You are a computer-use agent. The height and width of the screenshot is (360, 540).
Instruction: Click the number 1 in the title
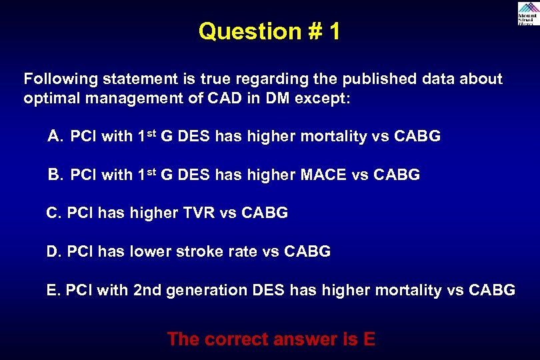click(333, 31)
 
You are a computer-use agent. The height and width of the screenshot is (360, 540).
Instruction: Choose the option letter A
click(55, 137)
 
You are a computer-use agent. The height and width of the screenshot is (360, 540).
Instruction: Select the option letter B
click(55, 175)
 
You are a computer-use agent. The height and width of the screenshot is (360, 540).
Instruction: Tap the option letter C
click(52, 213)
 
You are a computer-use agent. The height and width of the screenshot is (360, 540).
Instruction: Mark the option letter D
click(52, 252)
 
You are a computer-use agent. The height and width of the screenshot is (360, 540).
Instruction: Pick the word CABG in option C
click(265, 213)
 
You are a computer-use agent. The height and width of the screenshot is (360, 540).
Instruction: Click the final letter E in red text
click(369, 339)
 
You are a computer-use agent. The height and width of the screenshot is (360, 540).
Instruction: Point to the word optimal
click(51, 98)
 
